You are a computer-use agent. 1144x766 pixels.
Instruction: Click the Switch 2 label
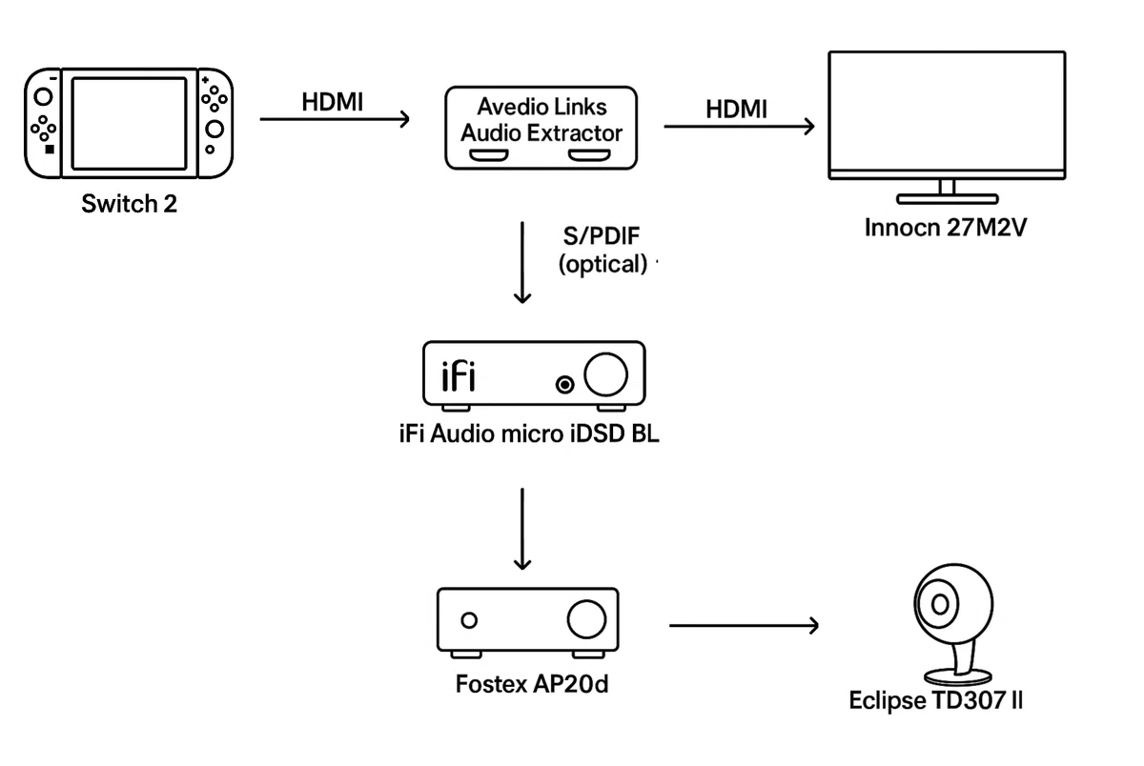130,204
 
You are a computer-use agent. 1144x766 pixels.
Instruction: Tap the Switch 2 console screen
130,123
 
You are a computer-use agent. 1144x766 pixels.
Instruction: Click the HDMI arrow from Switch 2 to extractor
335,119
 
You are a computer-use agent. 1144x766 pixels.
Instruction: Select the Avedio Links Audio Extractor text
541,120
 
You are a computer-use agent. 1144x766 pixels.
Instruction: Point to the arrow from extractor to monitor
739,126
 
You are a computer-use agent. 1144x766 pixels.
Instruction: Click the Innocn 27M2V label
946,228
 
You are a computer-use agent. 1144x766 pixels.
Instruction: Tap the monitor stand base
948,198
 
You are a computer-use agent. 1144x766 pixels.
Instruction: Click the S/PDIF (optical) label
603,250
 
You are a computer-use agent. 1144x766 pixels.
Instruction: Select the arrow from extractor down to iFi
522,262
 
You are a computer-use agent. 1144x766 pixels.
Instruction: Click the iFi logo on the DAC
459,376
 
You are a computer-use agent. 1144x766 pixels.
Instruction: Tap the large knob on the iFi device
605,374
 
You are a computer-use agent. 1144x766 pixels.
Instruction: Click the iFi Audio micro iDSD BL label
529,433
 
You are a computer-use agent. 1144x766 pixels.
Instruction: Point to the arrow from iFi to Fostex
522,529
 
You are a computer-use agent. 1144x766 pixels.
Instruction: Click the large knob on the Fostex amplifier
587,619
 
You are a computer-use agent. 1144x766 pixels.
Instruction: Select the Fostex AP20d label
532,684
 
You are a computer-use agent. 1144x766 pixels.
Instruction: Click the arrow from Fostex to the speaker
744,625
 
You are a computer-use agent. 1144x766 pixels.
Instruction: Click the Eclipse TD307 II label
935,700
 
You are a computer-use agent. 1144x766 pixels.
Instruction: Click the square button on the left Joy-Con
50,149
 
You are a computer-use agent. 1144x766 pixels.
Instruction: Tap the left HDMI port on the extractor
489,155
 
